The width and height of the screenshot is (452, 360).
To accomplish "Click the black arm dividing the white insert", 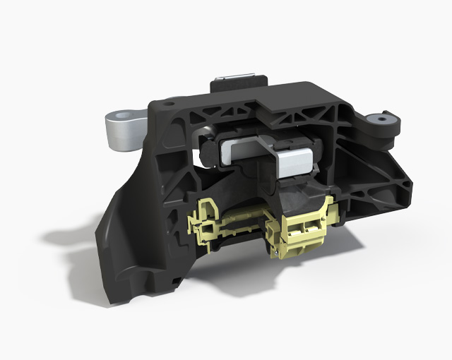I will click(272, 151).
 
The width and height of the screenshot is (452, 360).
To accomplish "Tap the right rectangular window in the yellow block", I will click(311, 224).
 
